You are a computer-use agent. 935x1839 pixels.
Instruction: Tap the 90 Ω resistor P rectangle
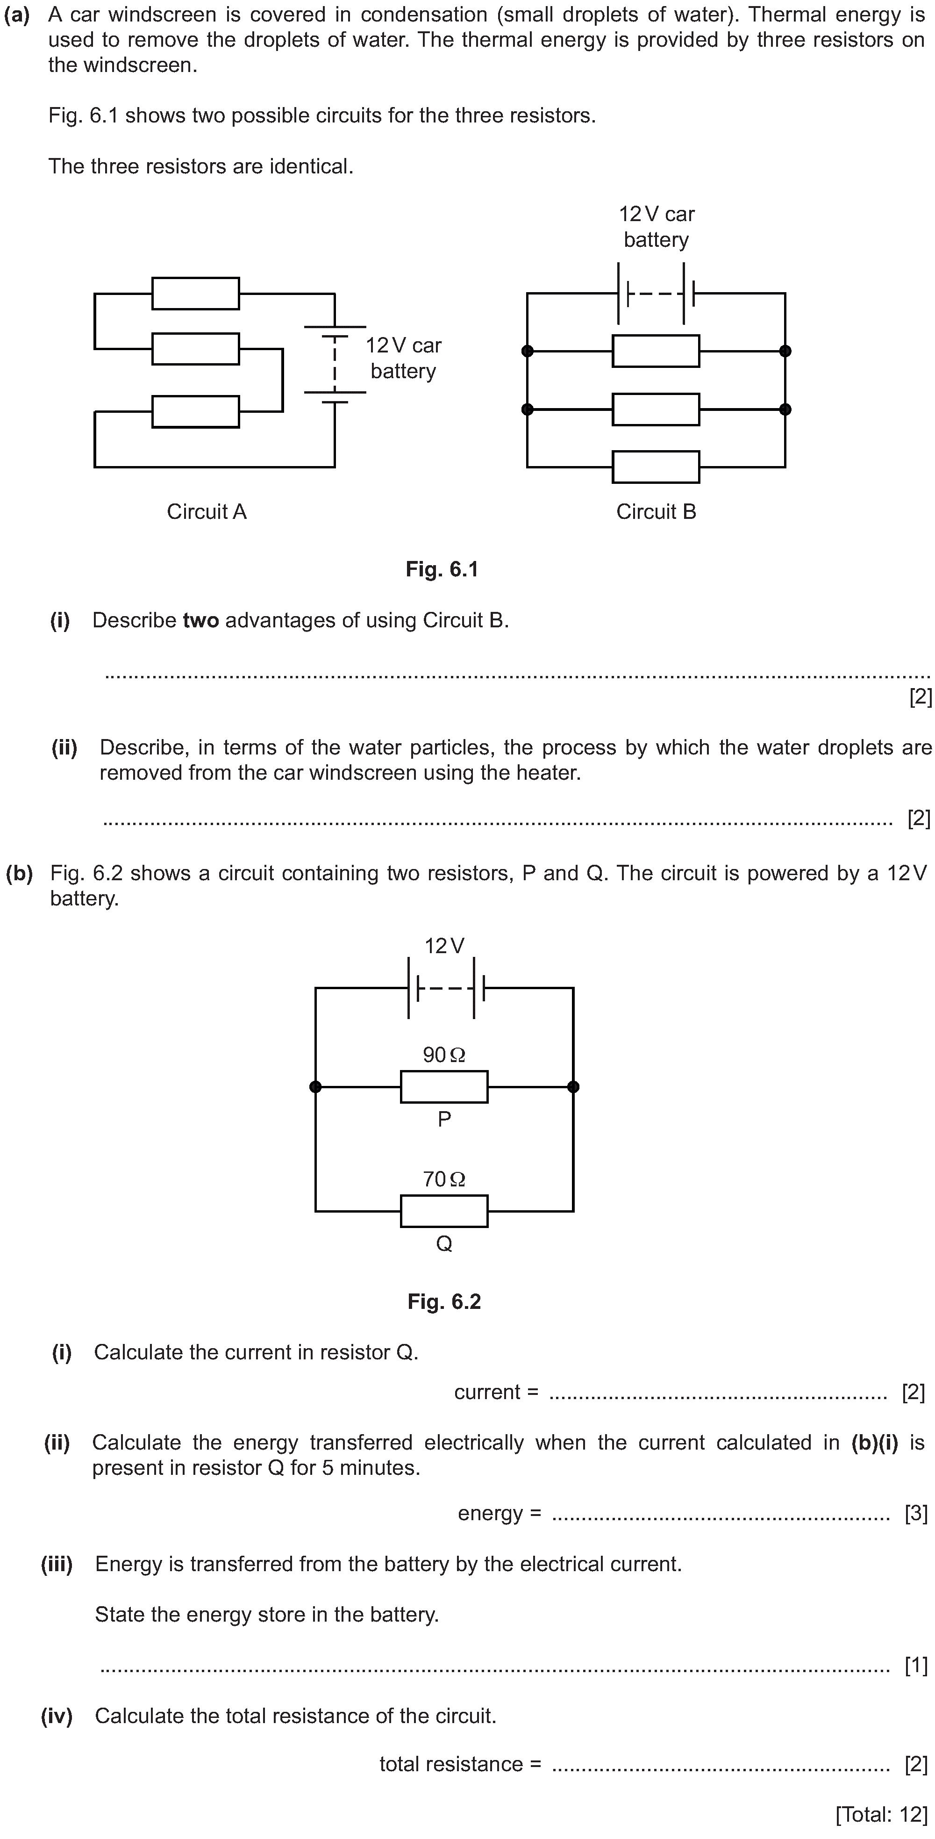click(x=444, y=1086)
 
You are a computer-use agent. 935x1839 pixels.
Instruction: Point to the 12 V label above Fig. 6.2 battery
click(x=444, y=946)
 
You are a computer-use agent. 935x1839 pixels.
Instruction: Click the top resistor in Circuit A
click(x=196, y=294)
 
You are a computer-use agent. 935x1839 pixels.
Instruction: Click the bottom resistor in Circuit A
click(x=196, y=412)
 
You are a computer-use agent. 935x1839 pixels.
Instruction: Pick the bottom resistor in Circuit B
click(x=656, y=467)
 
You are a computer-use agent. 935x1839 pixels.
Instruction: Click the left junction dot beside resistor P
click(x=315, y=1086)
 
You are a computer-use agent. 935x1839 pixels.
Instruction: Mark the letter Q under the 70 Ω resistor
click(x=444, y=1244)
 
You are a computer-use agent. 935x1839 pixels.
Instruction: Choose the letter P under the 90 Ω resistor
click(x=444, y=1120)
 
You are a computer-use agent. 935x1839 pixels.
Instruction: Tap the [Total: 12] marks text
click(x=881, y=1814)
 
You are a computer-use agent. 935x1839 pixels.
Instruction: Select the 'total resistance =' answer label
click(x=460, y=1764)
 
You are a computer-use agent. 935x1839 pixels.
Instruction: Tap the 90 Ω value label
click(x=444, y=1055)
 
